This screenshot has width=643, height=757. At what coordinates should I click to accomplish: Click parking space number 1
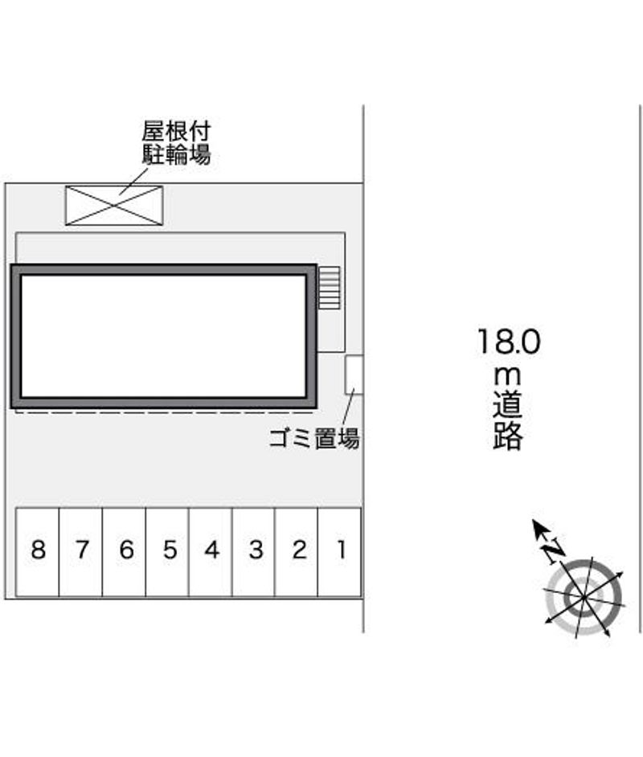point(340,552)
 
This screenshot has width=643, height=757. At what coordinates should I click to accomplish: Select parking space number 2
point(297,552)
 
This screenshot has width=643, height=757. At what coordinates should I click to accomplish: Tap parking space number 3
point(253,552)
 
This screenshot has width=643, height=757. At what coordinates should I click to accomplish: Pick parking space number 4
point(211,552)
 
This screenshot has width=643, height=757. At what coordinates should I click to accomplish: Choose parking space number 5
point(167,552)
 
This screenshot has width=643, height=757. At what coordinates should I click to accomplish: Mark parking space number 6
point(124,552)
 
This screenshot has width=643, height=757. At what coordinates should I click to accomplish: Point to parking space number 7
point(80,552)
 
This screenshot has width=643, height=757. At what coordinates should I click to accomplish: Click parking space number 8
point(38,552)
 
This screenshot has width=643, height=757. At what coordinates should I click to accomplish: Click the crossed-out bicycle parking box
point(114,205)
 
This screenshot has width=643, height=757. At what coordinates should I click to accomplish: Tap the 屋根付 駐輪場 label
point(176,143)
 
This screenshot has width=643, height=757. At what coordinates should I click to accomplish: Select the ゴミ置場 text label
point(314,438)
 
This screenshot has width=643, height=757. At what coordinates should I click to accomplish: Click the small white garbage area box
point(354,374)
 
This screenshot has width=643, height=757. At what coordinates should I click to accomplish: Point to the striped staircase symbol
point(329,288)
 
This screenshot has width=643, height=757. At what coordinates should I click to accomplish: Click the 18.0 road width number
point(508,342)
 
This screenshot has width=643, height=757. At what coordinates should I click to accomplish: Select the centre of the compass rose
point(584,597)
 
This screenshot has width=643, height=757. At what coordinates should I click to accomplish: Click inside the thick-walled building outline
point(164,336)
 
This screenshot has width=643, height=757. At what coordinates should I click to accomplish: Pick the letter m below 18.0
point(507,376)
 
